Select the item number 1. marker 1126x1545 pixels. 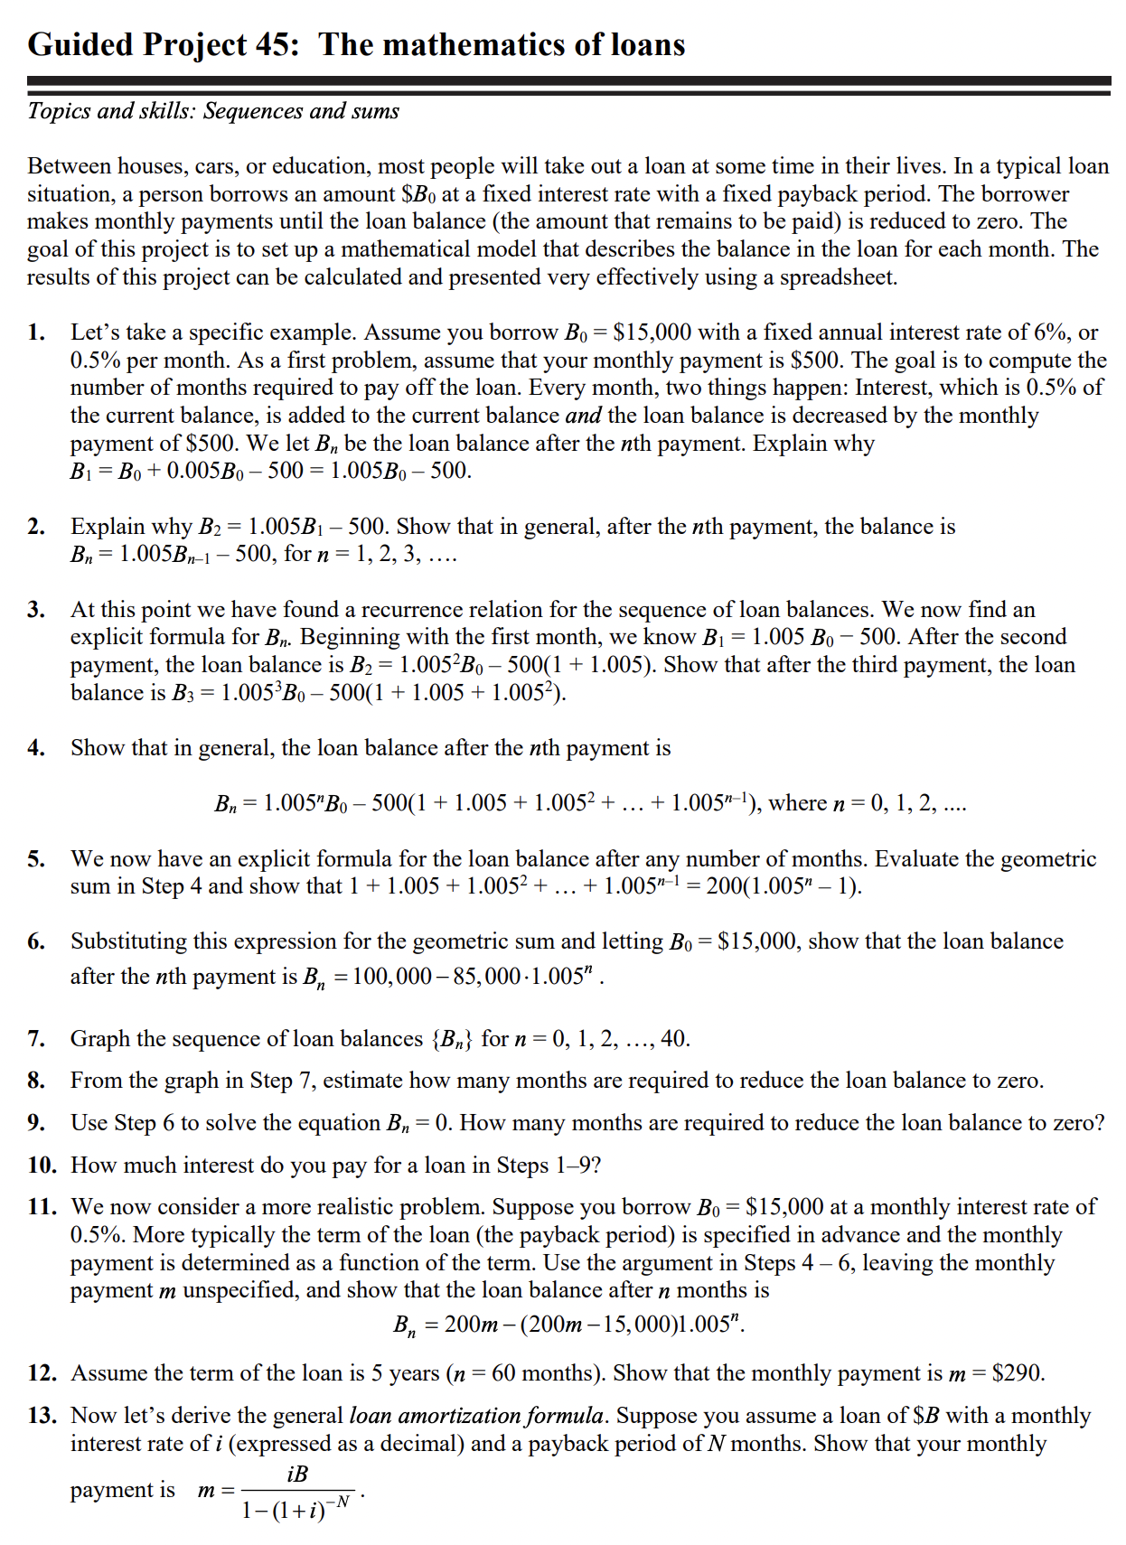click(36, 332)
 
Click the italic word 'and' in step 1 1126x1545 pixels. click(584, 416)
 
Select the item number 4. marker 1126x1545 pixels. click(36, 748)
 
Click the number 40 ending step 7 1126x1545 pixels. click(673, 1039)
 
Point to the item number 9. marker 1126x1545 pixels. click(36, 1123)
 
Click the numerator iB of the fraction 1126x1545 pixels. click(297, 1474)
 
